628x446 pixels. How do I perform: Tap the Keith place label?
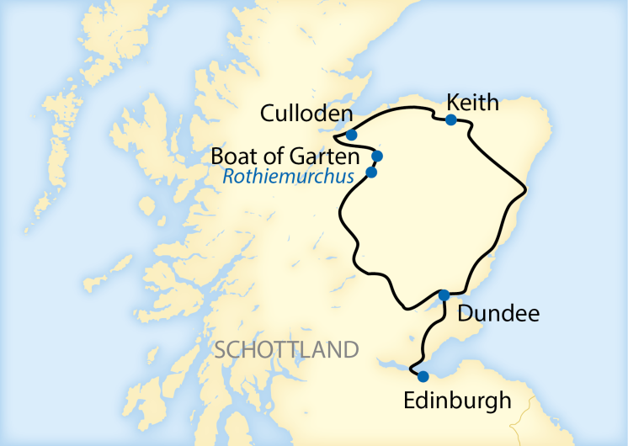(x=473, y=102)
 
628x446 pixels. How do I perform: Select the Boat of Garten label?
(x=285, y=157)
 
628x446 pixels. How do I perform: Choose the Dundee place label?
(x=497, y=314)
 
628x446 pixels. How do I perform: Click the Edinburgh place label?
(x=457, y=400)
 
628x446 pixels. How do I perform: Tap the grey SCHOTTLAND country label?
(x=287, y=349)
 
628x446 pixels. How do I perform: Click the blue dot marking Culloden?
(x=351, y=135)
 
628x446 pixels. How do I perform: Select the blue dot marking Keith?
(x=451, y=120)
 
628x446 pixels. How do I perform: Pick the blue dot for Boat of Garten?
(x=377, y=156)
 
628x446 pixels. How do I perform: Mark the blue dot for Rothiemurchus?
(x=371, y=173)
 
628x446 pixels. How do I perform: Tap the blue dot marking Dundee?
(x=444, y=295)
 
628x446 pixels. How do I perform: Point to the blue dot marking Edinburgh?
(x=423, y=376)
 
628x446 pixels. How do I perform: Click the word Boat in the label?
(x=231, y=157)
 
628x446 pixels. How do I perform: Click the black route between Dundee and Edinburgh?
(x=427, y=337)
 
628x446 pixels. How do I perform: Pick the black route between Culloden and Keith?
(x=396, y=112)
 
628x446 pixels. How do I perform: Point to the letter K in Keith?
(x=454, y=102)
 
